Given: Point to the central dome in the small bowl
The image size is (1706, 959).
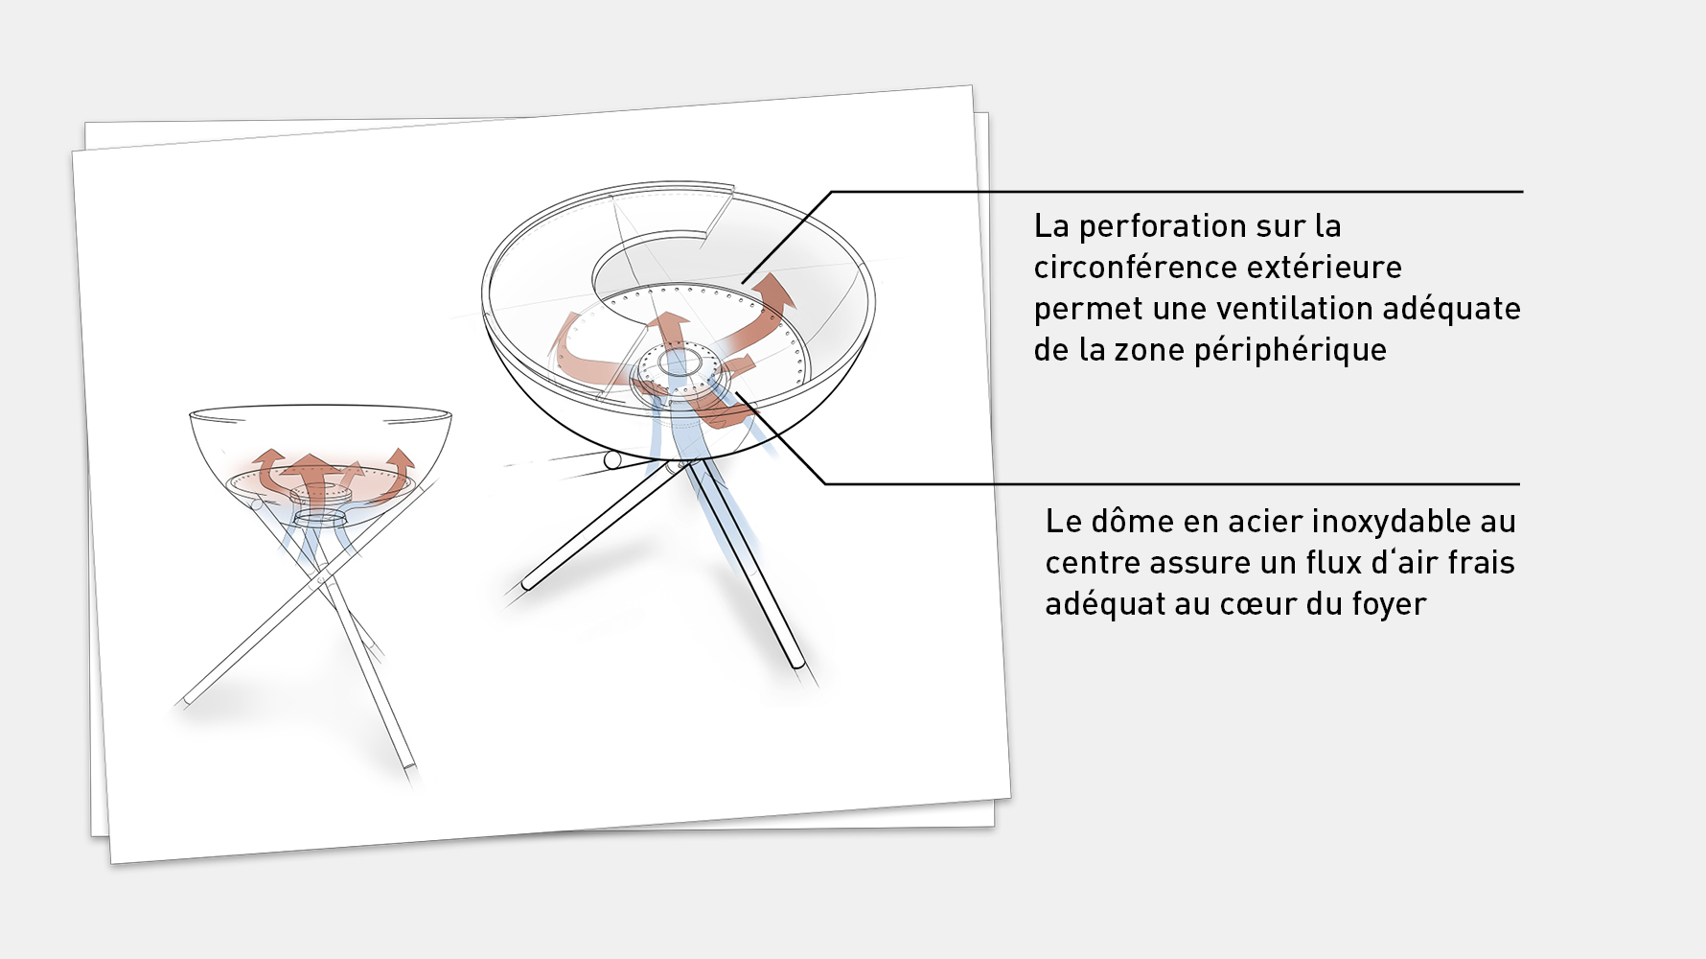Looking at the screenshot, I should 319,495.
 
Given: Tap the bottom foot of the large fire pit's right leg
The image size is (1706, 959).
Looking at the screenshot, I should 796,661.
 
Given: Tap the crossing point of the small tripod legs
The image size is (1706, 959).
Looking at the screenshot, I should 323,578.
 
